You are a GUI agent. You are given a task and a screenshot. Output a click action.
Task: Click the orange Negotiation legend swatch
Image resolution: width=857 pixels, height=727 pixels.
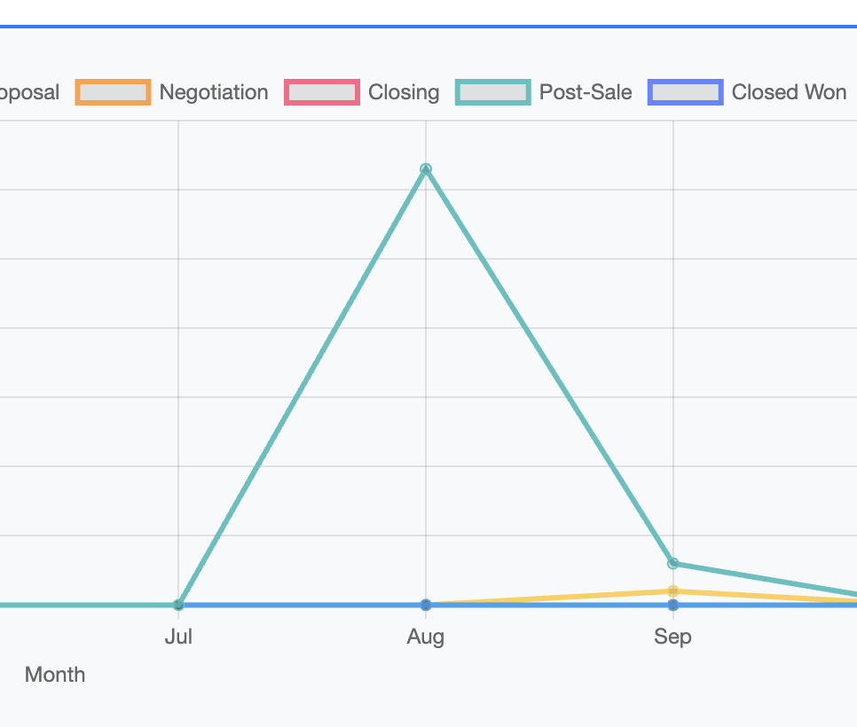(x=113, y=92)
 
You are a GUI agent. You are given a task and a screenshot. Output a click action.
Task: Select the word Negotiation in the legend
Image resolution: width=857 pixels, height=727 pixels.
(x=214, y=92)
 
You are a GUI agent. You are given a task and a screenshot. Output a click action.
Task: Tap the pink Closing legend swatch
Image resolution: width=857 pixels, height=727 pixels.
(x=321, y=92)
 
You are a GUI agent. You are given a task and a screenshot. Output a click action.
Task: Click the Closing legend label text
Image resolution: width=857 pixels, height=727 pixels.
(x=404, y=92)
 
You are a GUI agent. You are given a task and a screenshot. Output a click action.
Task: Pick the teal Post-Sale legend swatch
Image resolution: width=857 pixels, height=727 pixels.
(x=492, y=92)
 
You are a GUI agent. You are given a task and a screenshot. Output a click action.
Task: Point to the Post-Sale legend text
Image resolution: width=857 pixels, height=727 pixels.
(x=586, y=92)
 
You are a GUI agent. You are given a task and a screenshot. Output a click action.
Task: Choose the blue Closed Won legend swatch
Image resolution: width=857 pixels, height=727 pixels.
(x=685, y=92)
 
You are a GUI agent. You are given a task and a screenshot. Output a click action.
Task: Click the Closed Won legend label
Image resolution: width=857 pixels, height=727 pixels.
(x=789, y=92)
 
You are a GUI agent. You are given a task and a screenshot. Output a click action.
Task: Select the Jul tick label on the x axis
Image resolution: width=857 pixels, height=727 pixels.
(x=178, y=637)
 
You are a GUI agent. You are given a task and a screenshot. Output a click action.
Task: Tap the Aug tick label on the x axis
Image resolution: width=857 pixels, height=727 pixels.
(x=426, y=637)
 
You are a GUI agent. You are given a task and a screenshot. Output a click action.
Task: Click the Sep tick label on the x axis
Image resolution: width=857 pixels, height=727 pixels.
(x=672, y=637)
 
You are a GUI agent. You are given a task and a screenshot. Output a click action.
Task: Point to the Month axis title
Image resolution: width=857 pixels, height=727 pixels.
(x=55, y=675)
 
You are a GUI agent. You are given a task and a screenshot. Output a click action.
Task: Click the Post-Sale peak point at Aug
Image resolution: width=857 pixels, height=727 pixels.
(x=426, y=168)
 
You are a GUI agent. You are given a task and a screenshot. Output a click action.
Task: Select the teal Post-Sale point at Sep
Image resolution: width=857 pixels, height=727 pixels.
(x=672, y=563)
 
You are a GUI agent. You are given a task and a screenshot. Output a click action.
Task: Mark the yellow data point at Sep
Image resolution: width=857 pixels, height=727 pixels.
(x=672, y=590)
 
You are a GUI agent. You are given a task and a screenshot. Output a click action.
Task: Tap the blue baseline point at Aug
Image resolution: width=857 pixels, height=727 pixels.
(x=426, y=605)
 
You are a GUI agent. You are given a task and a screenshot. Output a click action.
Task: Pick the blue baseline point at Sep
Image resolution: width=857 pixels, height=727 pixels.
(x=672, y=605)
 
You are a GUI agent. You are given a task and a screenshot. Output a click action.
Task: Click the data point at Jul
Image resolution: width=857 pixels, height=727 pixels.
(x=178, y=605)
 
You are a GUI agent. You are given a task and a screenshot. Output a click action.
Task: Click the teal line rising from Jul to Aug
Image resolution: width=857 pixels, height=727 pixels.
(x=302, y=387)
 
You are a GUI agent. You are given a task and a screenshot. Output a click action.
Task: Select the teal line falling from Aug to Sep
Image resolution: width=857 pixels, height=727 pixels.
(x=549, y=365)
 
